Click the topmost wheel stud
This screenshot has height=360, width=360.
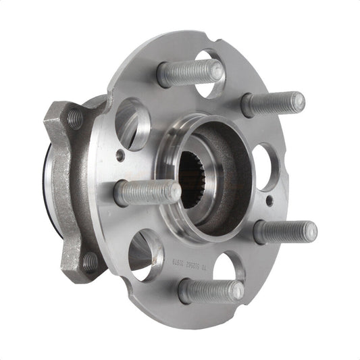pyautogui.click(x=190, y=72)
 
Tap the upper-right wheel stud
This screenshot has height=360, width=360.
pyautogui.click(x=273, y=103)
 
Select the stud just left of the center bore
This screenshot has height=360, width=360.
pyautogui.click(x=147, y=193)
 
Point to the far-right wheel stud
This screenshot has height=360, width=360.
pyautogui.click(x=285, y=232)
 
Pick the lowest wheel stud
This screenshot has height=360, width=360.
pyautogui.click(x=211, y=290)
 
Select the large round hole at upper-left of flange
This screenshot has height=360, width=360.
pyautogui.click(x=132, y=122)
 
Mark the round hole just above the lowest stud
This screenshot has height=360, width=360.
pyautogui.click(x=228, y=267)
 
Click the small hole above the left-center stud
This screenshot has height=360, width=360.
pyautogui.click(x=120, y=155)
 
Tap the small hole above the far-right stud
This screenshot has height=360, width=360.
pyautogui.click(x=269, y=201)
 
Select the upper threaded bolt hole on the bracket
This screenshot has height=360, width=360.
pyautogui.click(x=74, y=120)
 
